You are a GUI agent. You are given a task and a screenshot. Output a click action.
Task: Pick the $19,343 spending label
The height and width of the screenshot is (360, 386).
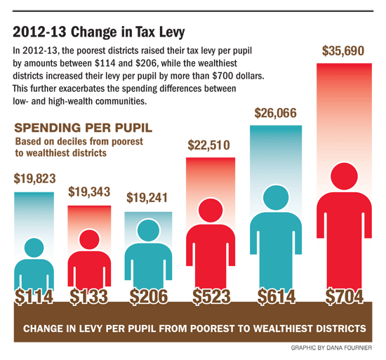point(89,192)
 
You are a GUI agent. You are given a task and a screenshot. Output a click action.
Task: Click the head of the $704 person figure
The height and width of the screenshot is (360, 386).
point(344,173)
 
